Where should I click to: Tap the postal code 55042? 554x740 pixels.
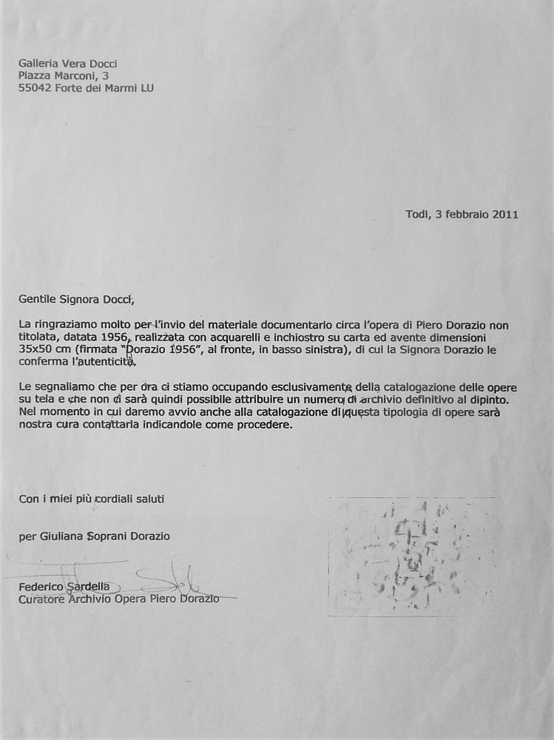[x=33, y=88]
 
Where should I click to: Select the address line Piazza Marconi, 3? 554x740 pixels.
[x=56, y=75]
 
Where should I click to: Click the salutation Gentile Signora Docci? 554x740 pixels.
[x=78, y=299]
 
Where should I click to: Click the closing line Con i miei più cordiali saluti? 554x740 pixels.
[x=92, y=499]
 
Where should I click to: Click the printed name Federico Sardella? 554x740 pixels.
[x=64, y=587]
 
